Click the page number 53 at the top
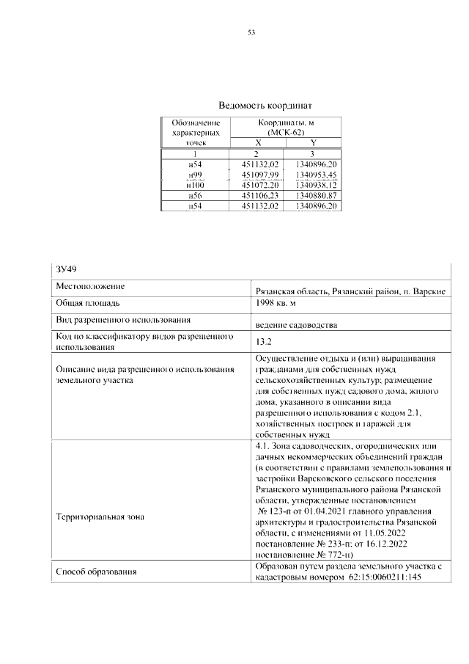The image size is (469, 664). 251,32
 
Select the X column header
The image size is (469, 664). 257,143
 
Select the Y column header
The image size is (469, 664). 314,143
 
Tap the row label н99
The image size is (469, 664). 195,175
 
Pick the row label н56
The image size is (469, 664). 195,196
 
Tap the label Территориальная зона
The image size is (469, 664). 100,517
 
